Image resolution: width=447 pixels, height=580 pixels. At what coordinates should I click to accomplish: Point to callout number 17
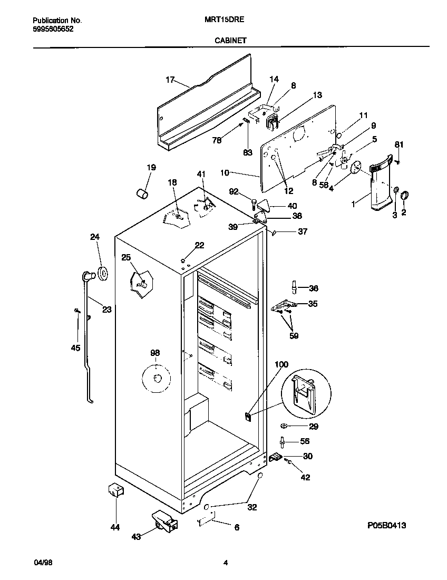click(170, 80)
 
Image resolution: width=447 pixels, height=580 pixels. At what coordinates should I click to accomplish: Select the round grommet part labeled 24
click(102, 273)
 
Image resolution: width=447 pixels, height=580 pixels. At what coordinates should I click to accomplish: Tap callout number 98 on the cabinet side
click(154, 353)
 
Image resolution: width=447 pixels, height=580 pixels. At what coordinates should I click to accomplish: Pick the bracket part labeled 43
click(164, 521)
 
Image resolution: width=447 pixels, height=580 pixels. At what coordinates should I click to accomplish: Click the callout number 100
click(281, 364)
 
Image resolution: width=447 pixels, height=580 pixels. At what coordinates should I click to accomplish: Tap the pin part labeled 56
click(283, 442)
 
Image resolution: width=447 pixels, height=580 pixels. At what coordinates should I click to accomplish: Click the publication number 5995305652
click(53, 30)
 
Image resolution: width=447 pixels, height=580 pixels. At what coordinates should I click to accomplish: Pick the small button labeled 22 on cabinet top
click(182, 259)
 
